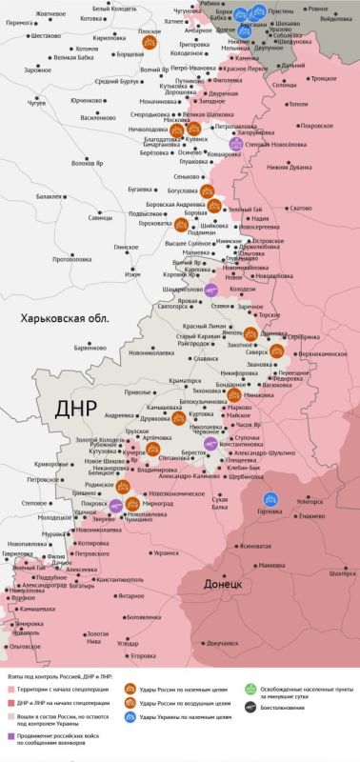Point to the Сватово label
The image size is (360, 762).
[300, 208]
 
